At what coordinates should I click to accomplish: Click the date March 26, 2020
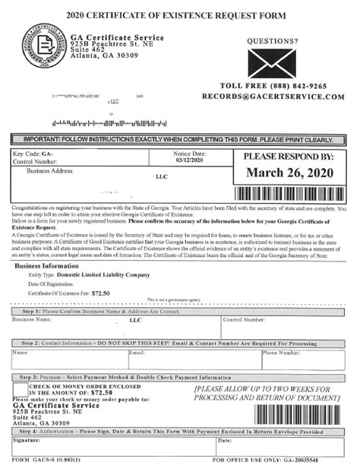(290, 173)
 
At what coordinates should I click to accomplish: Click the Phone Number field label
(280, 353)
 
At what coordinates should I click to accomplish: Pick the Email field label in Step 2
(137, 353)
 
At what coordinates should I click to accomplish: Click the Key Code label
(32, 153)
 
